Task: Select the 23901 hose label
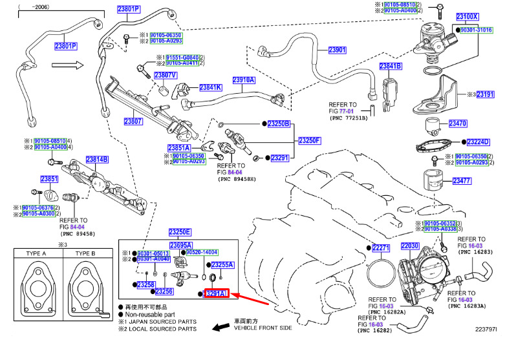[x=337, y=50]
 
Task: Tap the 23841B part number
[x=391, y=67]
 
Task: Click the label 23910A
[x=244, y=80]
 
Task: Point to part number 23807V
[x=166, y=75]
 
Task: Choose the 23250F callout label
[x=309, y=140]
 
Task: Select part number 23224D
[x=478, y=142]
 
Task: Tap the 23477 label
[x=462, y=181]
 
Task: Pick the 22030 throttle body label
[x=410, y=246]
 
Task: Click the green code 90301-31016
[x=477, y=30]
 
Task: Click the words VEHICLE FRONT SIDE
[x=263, y=328]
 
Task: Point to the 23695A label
[x=181, y=246]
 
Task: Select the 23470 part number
[x=457, y=123]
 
